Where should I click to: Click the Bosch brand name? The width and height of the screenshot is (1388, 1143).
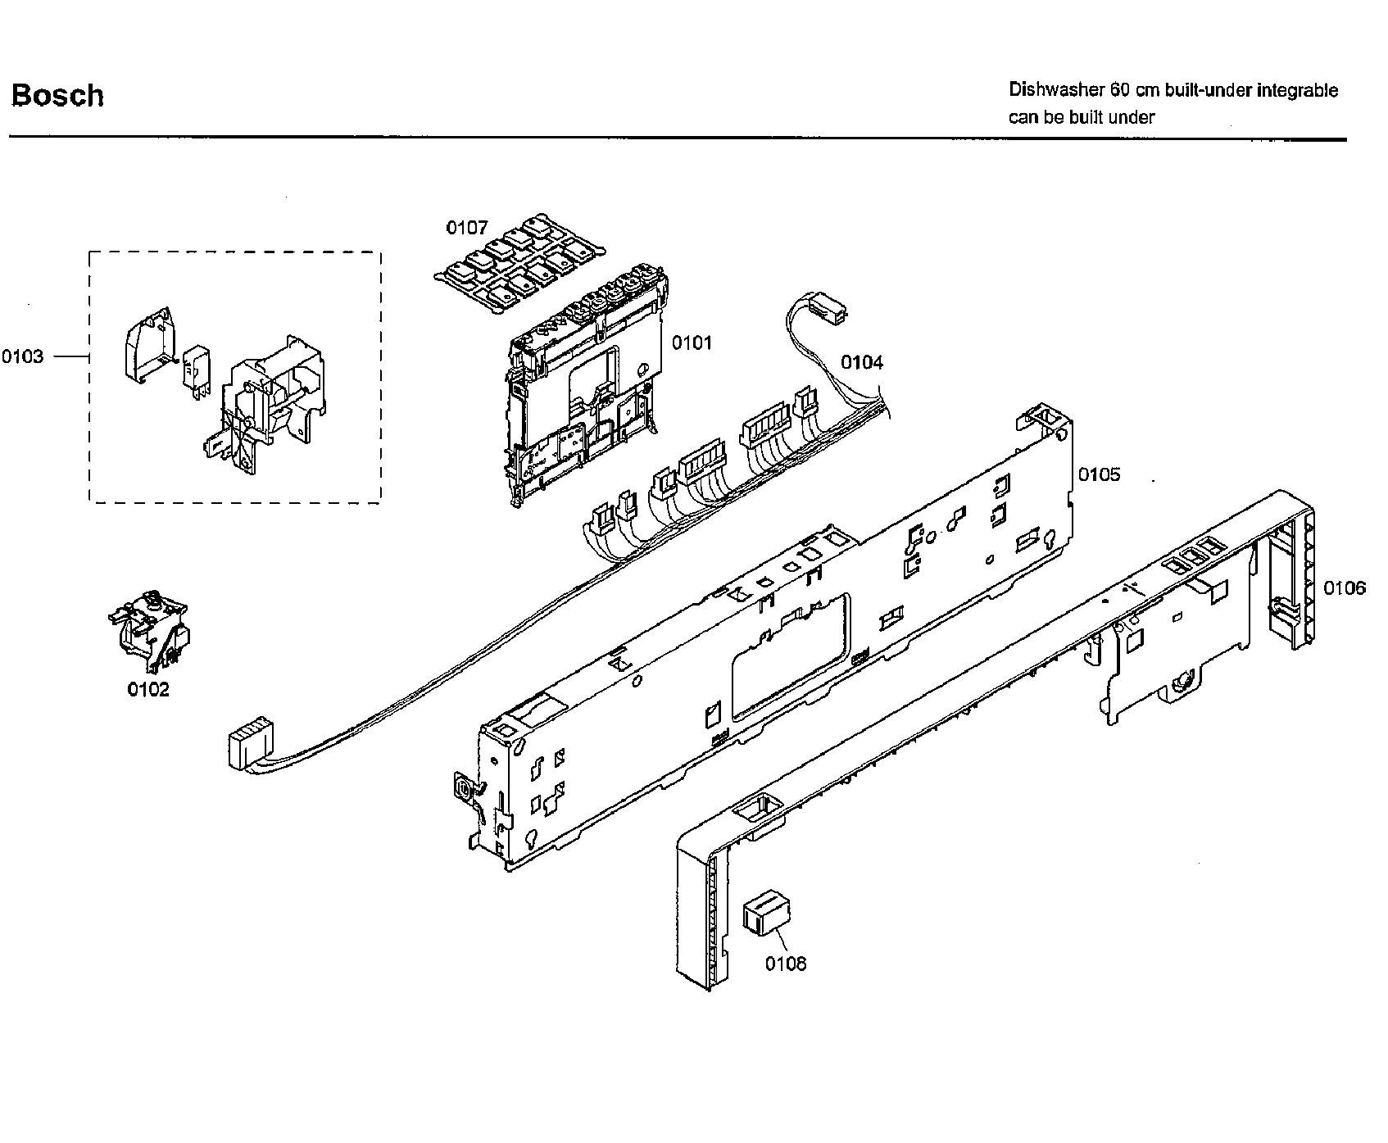pyautogui.click(x=57, y=95)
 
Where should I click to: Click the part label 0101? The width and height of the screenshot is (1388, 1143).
pyautogui.click(x=692, y=342)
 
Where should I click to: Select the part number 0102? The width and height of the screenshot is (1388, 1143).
pyautogui.click(x=148, y=689)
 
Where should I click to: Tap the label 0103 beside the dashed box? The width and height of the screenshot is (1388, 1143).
pyautogui.click(x=22, y=356)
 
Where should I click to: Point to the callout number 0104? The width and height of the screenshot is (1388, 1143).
pyautogui.click(x=863, y=362)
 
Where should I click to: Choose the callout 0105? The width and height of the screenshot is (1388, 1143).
pyautogui.click(x=1099, y=474)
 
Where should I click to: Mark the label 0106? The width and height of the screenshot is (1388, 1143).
pyautogui.click(x=1345, y=587)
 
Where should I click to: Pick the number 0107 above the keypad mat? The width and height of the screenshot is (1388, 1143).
pyautogui.click(x=466, y=227)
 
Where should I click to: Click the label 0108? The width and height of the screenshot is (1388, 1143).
pyautogui.click(x=786, y=964)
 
